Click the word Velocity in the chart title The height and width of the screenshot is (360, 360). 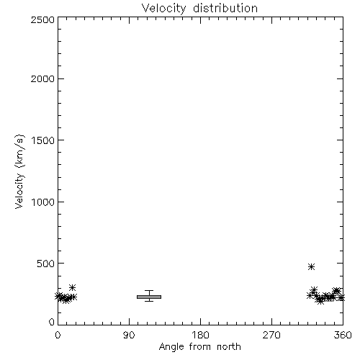163,9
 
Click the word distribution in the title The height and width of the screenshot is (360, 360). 225,8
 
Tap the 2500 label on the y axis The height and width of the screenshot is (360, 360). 42,19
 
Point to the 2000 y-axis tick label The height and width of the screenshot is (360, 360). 42,78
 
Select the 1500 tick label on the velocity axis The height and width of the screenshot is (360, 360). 43,140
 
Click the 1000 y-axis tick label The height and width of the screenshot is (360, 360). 43,202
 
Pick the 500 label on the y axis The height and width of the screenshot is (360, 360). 46,264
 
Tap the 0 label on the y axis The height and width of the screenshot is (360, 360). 52,322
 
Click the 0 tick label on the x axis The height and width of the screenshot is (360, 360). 58,335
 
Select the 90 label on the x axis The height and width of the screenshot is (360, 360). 129,335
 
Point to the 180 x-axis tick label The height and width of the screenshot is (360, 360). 200,335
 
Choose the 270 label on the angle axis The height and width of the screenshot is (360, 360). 271,335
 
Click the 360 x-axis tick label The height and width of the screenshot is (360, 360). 343,335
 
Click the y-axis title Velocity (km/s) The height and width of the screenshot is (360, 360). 19,171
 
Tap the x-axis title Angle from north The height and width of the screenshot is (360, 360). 200,347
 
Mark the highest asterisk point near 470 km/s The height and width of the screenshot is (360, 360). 311,266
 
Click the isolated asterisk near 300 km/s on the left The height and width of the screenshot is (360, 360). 72,287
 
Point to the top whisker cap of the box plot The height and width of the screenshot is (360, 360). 149,291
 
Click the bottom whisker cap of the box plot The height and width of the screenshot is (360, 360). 149,301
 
